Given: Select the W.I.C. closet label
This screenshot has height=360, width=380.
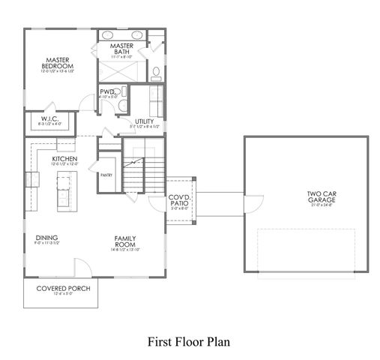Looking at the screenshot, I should coord(49,117).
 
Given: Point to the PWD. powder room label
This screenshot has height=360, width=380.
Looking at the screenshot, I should coord(107,92).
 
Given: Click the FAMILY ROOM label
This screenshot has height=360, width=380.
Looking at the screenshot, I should coord(124,241).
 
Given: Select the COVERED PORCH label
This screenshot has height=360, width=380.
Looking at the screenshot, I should coord(61,288).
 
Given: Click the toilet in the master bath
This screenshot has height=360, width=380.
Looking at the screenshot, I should coord(157,73).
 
